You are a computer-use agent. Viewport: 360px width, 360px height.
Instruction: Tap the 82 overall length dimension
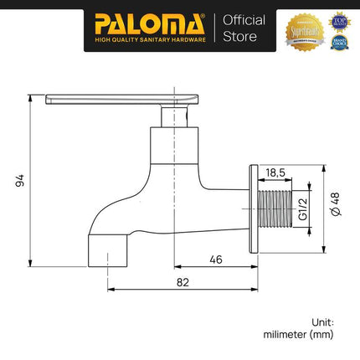tap(183, 283)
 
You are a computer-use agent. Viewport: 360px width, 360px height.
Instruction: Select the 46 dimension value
tap(215, 260)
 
